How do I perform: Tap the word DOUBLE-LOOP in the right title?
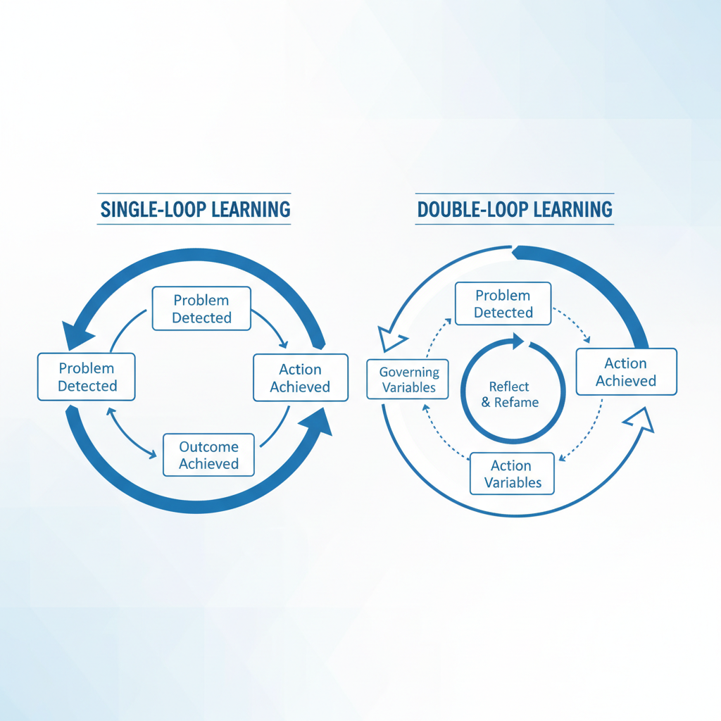tap(465, 209)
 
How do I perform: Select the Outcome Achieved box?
tap(208, 455)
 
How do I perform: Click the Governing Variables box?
tap(408, 380)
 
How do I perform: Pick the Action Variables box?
tap(511, 474)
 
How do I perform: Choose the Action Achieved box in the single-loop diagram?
tap(300, 378)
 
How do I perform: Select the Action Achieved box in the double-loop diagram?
tap(626, 372)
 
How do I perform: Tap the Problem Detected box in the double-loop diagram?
tap(503, 304)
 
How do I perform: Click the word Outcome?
tap(208, 446)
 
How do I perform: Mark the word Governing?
tap(409, 372)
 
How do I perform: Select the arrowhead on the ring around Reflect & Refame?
tap(518, 341)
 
